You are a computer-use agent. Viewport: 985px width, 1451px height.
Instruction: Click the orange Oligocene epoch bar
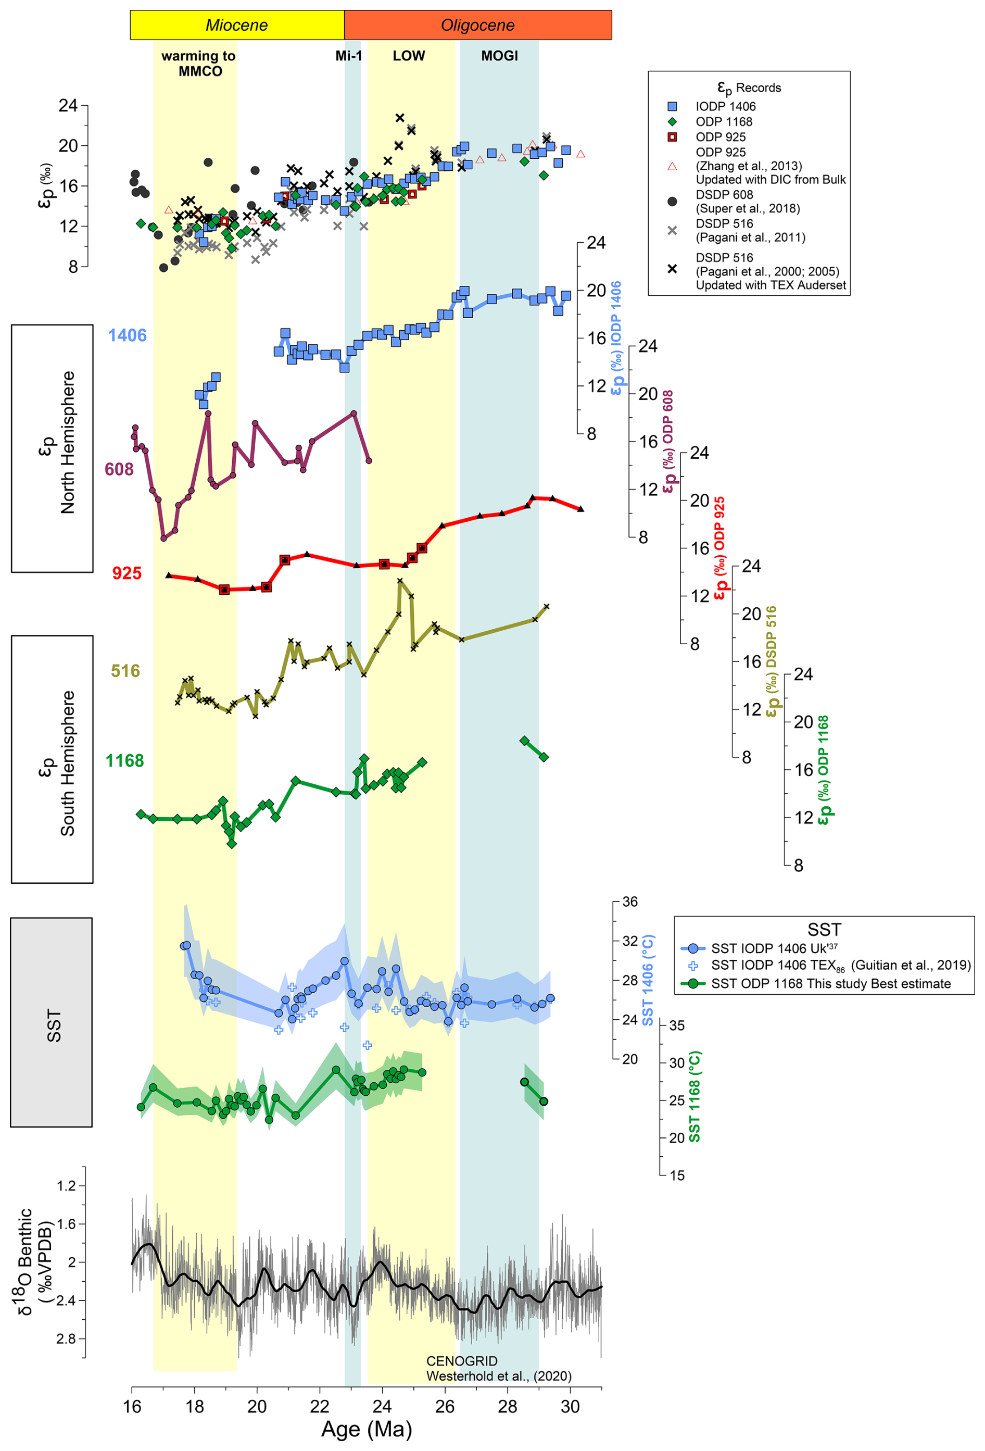[x=477, y=25]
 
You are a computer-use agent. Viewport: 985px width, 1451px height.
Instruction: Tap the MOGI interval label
[x=499, y=56]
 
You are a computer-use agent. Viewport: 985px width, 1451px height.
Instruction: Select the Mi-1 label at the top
[x=348, y=56]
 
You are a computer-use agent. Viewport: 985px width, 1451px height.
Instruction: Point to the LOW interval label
[x=408, y=56]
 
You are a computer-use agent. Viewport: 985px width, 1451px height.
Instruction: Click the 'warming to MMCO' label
[x=199, y=63]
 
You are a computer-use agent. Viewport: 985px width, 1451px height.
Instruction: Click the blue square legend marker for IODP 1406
[x=672, y=106]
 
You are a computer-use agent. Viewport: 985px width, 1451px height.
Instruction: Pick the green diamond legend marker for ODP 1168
[x=672, y=122]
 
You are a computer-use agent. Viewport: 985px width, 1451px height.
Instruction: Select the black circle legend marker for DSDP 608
[x=672, y=201]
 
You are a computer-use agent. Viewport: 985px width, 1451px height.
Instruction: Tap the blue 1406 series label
[x=128, y=335]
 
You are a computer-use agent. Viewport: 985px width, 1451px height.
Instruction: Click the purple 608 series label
[x=119, y=469]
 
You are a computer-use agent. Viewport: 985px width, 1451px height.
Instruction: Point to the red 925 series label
[x=127, y=572]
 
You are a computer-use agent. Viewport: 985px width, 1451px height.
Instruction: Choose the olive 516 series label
[x=125, y=671]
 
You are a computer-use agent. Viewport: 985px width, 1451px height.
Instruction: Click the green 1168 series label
[x=124, y=760]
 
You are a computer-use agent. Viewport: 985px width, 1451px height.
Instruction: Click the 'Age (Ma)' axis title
[x=367, y=1429]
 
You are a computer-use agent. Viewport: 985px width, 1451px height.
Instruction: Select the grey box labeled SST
[x=52, y=1022]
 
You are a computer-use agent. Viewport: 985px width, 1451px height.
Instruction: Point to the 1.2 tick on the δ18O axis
[x=66, y=1185]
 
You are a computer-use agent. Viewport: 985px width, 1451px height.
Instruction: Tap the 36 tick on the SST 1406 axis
[x=630, y=902]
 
